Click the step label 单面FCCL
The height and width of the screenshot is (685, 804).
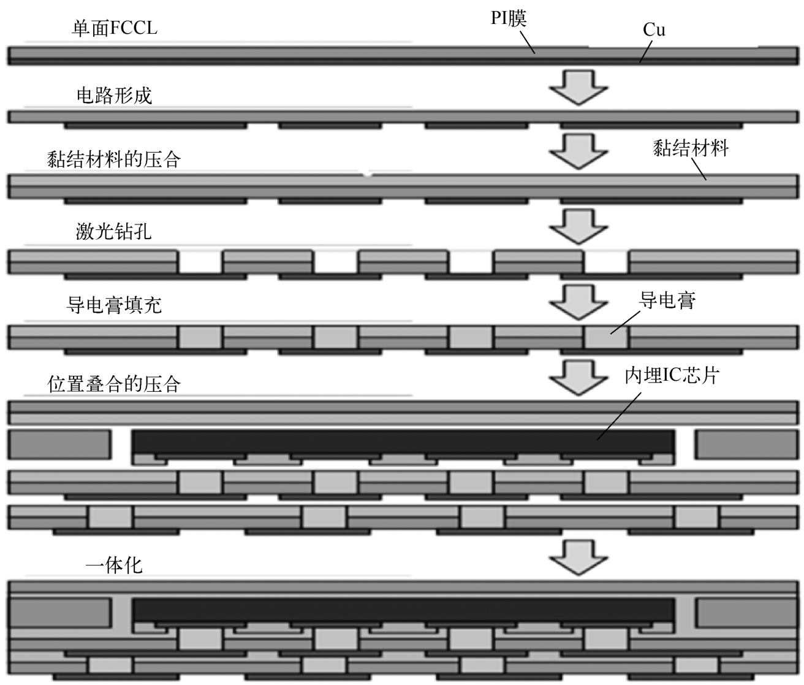(x=115, y=28)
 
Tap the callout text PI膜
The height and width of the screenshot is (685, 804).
(x=509, y=18)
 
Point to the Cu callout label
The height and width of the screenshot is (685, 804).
(x=654, y=30)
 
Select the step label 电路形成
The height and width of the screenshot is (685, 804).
(x=114, y=95)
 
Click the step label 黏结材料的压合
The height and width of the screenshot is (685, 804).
(x=114, y=159)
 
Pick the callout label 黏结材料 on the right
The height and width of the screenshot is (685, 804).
(x=691, y=148)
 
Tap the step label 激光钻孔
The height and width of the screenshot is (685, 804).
(x=113, y=232)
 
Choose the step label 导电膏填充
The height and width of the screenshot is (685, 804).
(x=114, y=305)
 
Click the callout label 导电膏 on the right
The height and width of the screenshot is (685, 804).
(x=667, y=300)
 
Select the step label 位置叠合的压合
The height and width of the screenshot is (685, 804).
(x=114, y=384)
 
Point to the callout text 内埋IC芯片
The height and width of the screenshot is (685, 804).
(x=672, y=375)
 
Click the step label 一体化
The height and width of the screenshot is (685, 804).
(x=114, y=565)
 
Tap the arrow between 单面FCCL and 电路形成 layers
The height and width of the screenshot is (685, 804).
(x=578, y=88)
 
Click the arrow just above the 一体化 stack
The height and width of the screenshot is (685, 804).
(x=578, y=557)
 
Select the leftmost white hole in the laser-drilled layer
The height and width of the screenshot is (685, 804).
(x=200, y=262)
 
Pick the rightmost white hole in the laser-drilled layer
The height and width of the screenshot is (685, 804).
(x=607, y=262)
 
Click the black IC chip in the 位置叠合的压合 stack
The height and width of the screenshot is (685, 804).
(x=403, y=442)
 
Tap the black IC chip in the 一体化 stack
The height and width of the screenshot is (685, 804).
(x=403, y=610)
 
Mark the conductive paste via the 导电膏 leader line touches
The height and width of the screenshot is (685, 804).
(x=607, y=337)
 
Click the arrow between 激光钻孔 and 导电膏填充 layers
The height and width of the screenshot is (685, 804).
(x=578, y=226)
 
